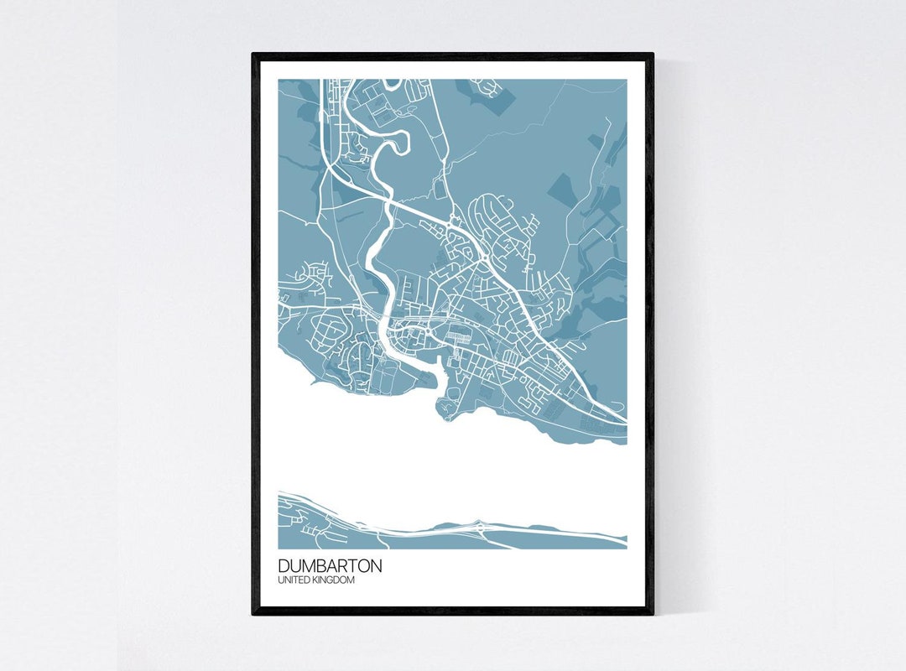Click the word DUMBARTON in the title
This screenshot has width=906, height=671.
[x=330, y=566]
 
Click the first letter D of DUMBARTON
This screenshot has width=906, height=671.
[x=283, y=566]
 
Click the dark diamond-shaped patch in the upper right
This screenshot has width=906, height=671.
[x=560, y=190]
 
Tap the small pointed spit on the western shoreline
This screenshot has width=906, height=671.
[x=313, y=382]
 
